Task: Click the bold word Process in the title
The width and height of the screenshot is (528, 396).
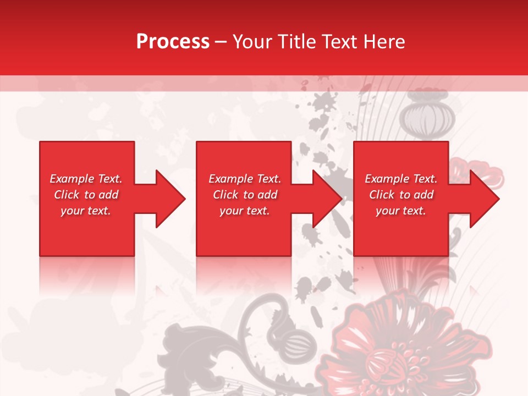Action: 173,42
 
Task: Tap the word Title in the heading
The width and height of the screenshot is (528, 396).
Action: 295,42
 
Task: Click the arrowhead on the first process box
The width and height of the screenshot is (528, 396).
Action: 168,199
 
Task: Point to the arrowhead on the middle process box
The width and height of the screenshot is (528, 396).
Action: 325,199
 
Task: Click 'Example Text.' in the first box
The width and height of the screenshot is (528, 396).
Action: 86,179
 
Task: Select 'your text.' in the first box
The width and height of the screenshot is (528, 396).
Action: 86,211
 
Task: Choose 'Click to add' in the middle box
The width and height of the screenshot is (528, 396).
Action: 245,195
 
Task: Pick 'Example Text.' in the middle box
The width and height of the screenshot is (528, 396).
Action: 245,179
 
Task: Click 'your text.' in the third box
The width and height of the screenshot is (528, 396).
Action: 401,211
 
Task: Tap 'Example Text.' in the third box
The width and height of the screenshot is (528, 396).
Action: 401,179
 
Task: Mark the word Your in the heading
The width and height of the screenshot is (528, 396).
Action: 254,42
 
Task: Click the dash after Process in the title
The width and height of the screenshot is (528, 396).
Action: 221,42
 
